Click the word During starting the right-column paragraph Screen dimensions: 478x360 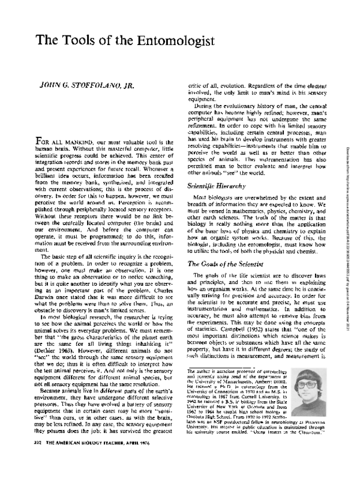[208, 105]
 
